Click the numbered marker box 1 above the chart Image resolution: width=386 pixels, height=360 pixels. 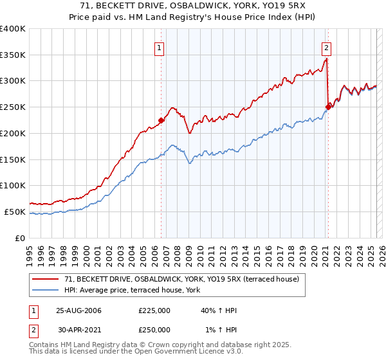pos(159,46)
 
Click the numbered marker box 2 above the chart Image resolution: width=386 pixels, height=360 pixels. pos(327,46)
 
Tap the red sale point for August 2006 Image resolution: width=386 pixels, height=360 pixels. pos(161,120)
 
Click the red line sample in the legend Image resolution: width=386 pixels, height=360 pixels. pos(46,280)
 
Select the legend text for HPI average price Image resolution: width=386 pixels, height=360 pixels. pos(133,291)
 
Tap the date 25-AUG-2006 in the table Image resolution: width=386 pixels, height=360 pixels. pos(78,311)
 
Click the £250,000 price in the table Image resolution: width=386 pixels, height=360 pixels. pos(154,330)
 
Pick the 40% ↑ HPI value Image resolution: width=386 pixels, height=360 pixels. pos(219,311)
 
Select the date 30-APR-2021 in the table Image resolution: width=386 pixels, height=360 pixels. pos(78,330)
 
